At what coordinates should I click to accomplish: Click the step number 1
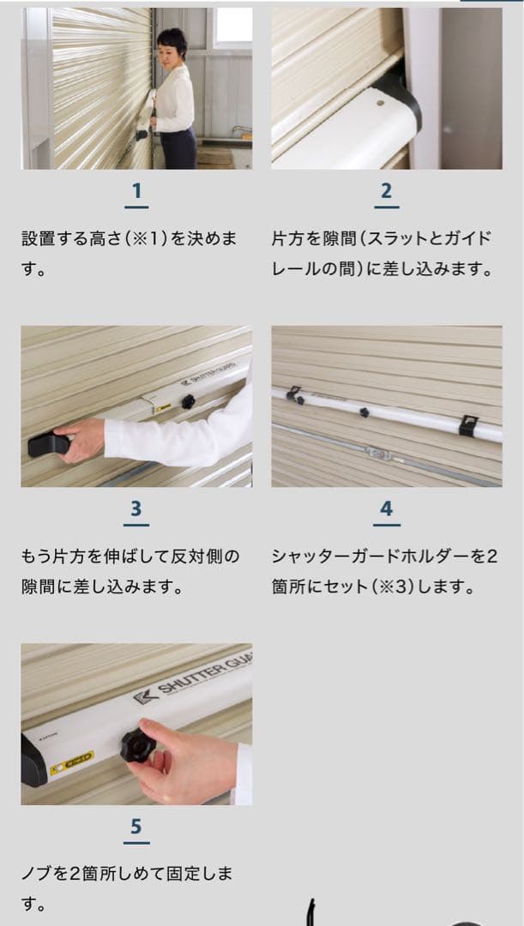point(136,190)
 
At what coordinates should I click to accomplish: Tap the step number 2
point(386,190)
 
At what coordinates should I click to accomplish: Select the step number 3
point(136,508)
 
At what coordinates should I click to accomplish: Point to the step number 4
point(386,508)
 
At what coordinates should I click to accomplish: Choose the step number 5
point(136,826)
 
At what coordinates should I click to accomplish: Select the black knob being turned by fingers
point(136,745)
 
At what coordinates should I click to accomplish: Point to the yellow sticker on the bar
point(71,761)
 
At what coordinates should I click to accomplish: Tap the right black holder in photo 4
point(467,424)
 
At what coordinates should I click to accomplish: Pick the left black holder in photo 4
point(295,395)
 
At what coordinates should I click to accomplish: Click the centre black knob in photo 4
point(364,412)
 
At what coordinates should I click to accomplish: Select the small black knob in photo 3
point(187,400)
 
